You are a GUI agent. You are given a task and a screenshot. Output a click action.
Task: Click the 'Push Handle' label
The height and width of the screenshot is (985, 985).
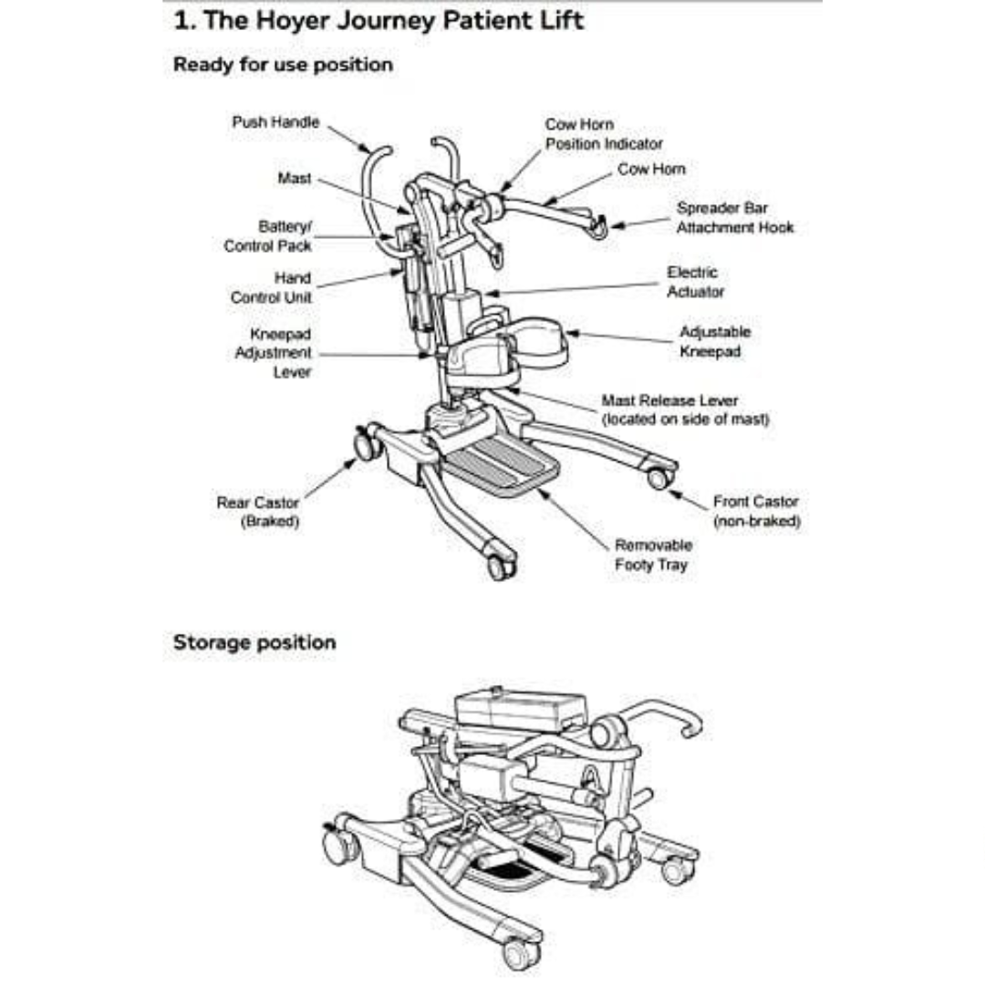pos(275,122)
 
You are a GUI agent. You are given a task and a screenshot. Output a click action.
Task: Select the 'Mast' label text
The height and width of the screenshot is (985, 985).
pos(294,179)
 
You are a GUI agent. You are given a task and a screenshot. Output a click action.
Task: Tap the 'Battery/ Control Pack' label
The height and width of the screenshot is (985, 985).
pos(267,236)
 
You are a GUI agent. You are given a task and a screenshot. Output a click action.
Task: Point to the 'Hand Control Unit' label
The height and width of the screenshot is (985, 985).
pos(271,288)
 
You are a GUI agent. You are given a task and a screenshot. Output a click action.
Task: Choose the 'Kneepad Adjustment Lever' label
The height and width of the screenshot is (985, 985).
pos(274,353)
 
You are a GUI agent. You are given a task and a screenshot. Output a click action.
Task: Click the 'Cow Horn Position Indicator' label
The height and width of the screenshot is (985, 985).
pos(604,134)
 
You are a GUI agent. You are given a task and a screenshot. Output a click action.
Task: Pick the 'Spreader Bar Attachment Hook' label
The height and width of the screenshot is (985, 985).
pos(734,218)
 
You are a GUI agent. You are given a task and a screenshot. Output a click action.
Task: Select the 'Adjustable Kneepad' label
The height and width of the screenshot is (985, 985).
pos(714,342)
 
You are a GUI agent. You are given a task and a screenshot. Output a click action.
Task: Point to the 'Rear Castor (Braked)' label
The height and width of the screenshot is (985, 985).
pos(257,512)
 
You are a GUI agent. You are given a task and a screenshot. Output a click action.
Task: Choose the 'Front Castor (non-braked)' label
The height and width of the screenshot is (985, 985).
pos(755,512)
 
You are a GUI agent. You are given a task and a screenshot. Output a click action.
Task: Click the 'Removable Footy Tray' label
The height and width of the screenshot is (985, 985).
pos(653,555)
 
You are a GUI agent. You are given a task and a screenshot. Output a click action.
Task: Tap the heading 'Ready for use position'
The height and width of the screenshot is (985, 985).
pos(283,65)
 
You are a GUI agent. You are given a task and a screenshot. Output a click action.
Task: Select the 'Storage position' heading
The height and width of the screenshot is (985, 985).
pos(254,642)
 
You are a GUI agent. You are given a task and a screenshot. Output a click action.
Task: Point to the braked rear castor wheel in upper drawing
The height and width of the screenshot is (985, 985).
pos(366,444)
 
